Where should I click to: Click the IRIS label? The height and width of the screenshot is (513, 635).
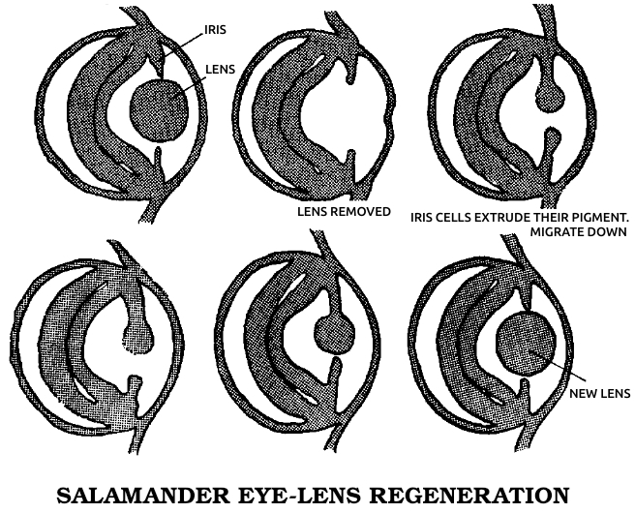point(215,30)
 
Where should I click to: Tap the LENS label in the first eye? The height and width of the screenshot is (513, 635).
point(221,70)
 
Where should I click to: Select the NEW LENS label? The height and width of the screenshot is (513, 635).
point(600,393)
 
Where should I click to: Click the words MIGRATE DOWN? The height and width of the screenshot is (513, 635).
point(579,232)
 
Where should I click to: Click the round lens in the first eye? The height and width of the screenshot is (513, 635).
point(159,111)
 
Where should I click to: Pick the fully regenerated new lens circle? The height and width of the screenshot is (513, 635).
point(527,345)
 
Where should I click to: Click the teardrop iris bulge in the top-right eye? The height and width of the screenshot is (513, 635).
point(550,97)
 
